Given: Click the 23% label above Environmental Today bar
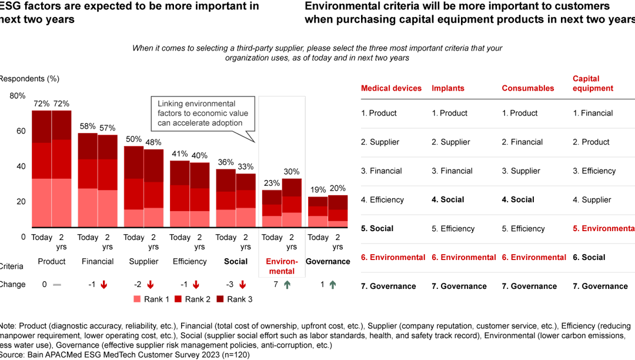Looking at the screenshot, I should [272, 182].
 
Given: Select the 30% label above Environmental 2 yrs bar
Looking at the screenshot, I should [292, 171].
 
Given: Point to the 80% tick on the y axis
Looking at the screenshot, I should [18, 96].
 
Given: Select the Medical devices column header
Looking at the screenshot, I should [391, 88].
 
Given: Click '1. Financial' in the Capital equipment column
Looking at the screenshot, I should [593, 113].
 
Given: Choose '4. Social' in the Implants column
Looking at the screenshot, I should [448, 199].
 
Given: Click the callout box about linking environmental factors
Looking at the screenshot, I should [203, 114].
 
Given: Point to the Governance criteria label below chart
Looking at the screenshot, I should [328, 261].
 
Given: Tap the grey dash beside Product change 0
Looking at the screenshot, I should [57, 285].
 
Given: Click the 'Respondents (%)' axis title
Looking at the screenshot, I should [29, 79].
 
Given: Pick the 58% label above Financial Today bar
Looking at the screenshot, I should [88, 126].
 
